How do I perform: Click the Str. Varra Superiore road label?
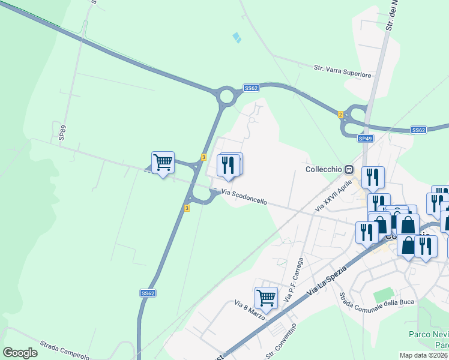pyautogui.click(x=343, y=72)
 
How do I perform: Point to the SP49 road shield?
pyautogui.click(x=366, y=139)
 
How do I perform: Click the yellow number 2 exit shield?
pyautogui.click(x=340, y=114)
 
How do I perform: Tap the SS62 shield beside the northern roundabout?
pyautogui.click(x=251, y=88)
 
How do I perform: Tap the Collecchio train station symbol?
pyautogui.click(x=349, y=169)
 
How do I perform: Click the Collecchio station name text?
pyautogui.click(x=324, y=169)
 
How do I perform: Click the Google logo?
pyautogui.click(x=20, y=353)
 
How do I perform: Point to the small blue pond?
pyautogui.click(x=237, y=37)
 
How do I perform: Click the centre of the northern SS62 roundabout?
pyautogui.click(x=226, y=95)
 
